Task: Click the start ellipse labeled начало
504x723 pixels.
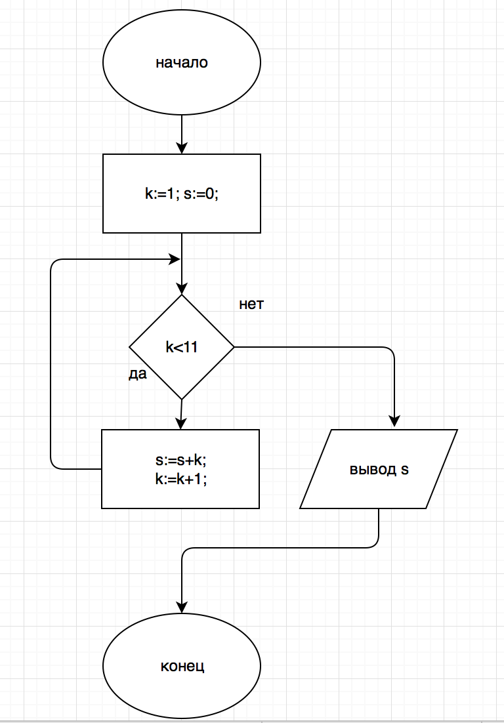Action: pyautogui.click(x=182, y=63)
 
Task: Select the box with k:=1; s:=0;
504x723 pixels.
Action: pyautogui.click(x=182, y=194)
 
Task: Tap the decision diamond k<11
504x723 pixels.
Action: pyautogui.click(x=182, y=347)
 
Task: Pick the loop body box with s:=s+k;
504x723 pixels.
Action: pyautogui.click(x=180, y=468)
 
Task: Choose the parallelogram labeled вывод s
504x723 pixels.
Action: pyautogui.click(x=379, y=469)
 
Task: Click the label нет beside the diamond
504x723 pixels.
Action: pyautogui.click(x=251, y=305)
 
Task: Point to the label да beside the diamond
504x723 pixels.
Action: pyautogui.click(x=138, y=374)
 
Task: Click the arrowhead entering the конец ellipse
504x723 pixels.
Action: pyautogui.click(x=182, y=608)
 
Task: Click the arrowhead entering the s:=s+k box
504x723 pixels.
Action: pyautogui.click(x=180, y=423)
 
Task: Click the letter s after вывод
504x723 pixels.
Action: pyautogui.click(x=404, y=470)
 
